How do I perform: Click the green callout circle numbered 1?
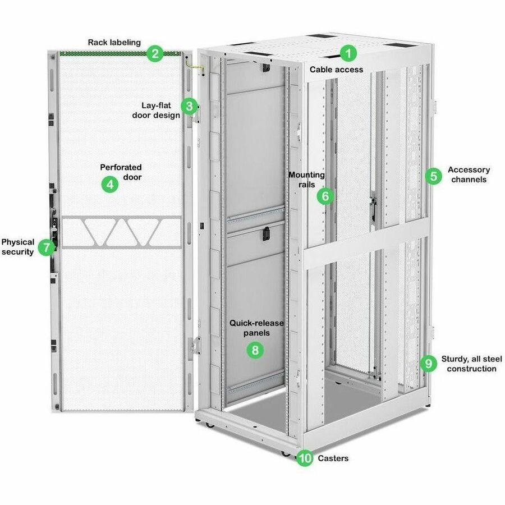[x=349, y=54]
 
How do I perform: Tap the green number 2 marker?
[x=154, y=54]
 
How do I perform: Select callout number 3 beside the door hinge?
[x=189, y=105]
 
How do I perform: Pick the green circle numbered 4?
[x=110, y=184]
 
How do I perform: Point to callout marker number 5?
[x=433, y=176]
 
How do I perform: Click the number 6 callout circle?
[x=325, y=196]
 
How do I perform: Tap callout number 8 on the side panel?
[x=255, y=350]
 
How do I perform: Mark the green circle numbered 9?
[x=429, y=364]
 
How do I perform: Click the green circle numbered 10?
[x=305, y=458]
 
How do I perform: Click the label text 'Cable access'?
[x=337, y=70]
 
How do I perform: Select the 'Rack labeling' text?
[x=114, y=42]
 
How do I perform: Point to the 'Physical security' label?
[x=17, y=247]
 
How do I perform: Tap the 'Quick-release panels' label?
[x=256, y=328]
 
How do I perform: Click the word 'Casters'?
[x=333, y=458]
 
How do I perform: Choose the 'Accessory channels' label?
[x=469, y=175]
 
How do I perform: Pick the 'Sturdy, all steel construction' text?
[x=472, y=364]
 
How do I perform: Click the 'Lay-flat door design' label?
[x=156, y=110]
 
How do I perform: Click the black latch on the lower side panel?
[x=265, y=236]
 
